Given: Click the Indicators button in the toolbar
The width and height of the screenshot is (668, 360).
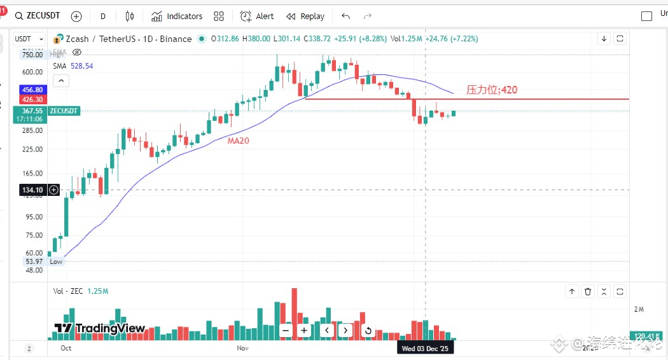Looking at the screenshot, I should click(177, 16).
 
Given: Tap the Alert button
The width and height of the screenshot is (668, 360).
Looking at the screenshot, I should click(258, 16).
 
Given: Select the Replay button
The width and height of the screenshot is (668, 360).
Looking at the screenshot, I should click(305, 16).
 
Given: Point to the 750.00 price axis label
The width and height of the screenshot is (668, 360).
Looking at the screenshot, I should click(32, 55).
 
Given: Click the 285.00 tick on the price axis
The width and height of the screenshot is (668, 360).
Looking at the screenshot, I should click(32, 130).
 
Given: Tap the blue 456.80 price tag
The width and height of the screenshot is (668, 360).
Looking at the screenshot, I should click(32, 90).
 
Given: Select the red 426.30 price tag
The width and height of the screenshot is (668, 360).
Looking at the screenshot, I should click(32, 100).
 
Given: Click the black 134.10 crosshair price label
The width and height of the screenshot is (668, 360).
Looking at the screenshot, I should click(32, 190).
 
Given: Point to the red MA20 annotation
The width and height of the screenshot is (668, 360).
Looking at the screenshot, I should click(239, 141).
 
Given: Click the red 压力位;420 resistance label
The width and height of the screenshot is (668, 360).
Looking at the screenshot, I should click(492, 90).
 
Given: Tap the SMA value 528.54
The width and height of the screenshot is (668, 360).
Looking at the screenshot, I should click(81, 66).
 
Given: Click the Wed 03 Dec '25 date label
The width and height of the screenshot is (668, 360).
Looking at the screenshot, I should click(425, 349).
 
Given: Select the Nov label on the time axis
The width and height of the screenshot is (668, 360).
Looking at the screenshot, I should click(242, 349).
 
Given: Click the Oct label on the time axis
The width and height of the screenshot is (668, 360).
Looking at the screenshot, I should click(66, 349).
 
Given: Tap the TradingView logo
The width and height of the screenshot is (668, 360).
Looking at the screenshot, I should click(99, 328).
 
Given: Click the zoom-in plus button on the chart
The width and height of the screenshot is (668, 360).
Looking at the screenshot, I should click(304, 330).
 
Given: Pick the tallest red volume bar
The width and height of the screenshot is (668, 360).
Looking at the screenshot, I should click(295, 314).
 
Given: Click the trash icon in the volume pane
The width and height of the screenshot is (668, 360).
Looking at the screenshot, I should click(588, 291).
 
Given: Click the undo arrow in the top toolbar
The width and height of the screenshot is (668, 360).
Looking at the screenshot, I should click(346, 16).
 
